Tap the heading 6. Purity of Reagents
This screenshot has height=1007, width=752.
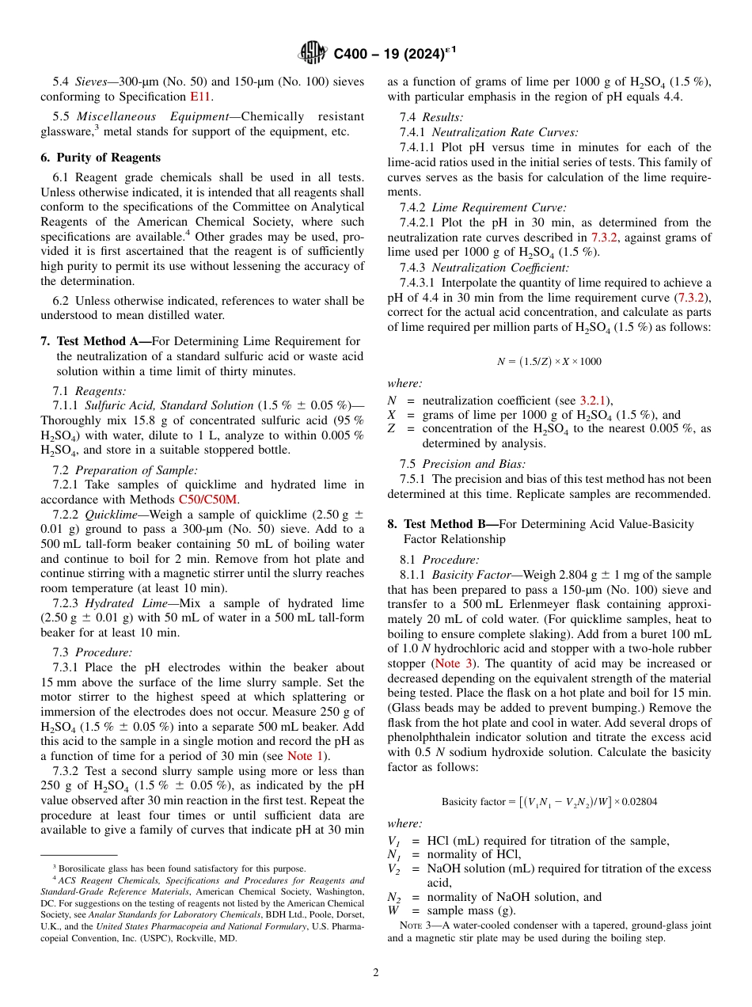click(x=101, y=158)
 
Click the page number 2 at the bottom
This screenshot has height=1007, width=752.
click(x=376, y=972)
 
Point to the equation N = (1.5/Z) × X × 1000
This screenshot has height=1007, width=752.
click(x=549, y=362)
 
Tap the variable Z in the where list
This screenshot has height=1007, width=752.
click(x=391, y=429)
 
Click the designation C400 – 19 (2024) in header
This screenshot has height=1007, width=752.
click(x=394, y=55)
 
